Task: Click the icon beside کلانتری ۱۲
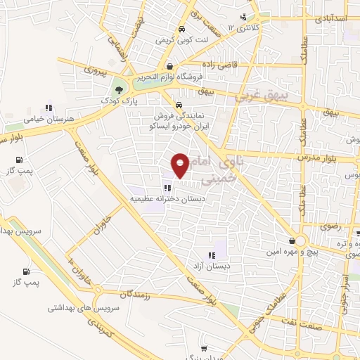pyautogui.click(x=243, y=17)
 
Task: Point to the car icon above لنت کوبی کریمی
pyautogui.click(x=181, y=30)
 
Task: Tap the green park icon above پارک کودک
pyautogui.click(x=120, y=89)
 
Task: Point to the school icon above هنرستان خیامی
pyautogui.click(x=49, y=108)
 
